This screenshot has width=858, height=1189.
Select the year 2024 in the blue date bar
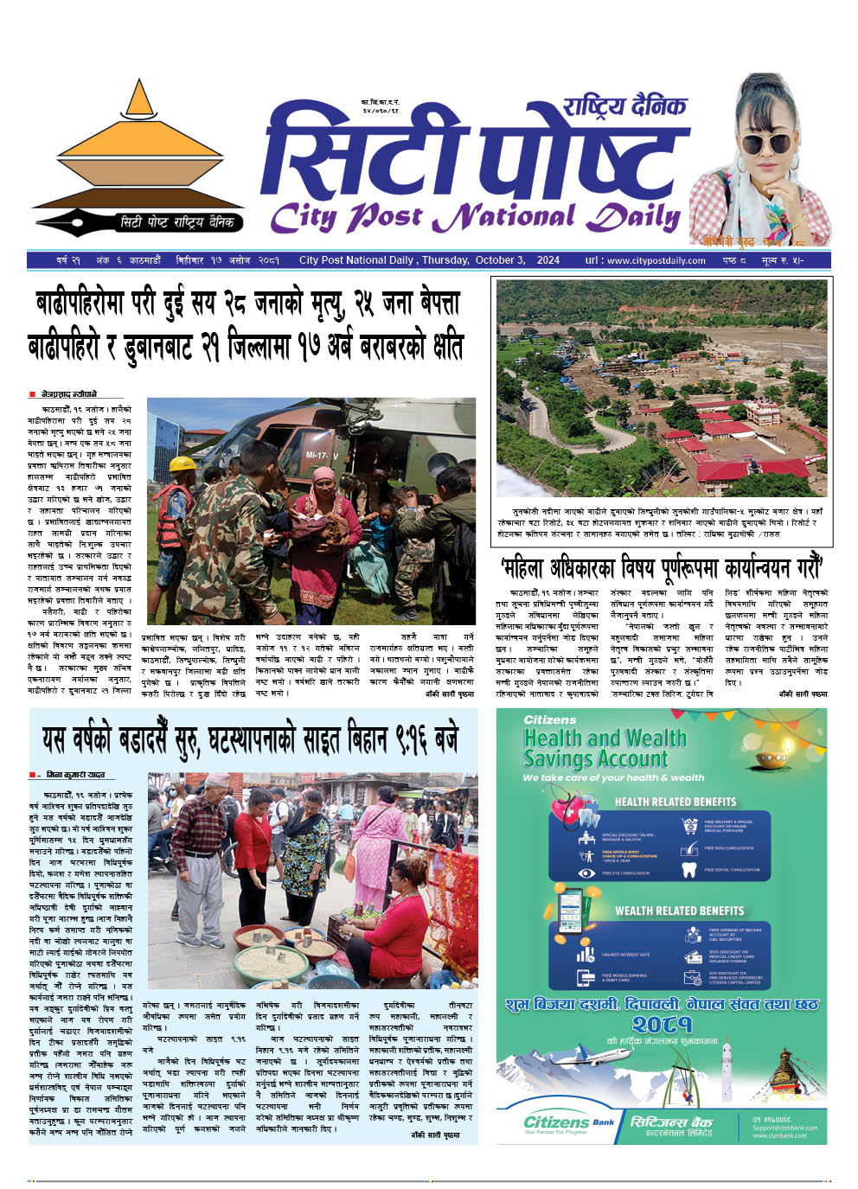point(547,260)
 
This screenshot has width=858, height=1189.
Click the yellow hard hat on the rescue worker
point(182,464)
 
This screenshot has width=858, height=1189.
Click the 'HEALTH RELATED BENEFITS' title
point(675,802)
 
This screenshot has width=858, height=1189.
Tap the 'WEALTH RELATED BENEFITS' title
point(679,911)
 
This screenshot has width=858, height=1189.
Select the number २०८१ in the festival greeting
point(662,1025)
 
